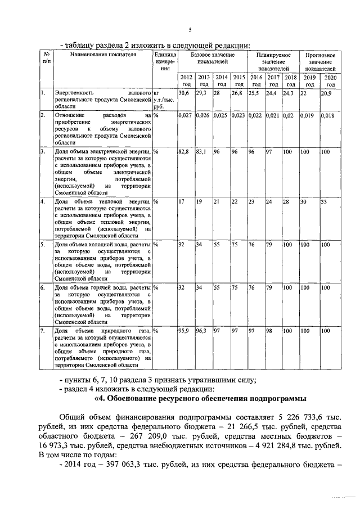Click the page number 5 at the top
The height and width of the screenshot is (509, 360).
pos(190,30)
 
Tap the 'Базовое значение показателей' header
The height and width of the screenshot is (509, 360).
pos(212,58)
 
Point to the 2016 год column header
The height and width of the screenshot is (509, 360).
pos(256,80)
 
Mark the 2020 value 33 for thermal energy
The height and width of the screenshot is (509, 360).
pos(324,201)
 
